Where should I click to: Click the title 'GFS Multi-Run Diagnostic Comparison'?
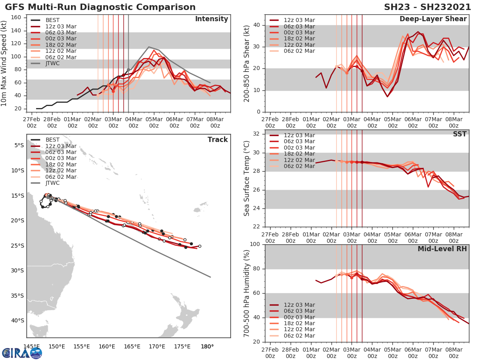(x=100, y=7)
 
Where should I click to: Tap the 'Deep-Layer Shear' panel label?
(x=433, y=19)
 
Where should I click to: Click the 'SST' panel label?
(x=459, y=134)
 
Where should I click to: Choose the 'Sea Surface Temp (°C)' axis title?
(x=247, y=178)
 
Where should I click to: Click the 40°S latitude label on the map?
(x=18, y=320)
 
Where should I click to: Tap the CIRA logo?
(x=22, y=353)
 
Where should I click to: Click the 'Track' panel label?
(x=218, y=140)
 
